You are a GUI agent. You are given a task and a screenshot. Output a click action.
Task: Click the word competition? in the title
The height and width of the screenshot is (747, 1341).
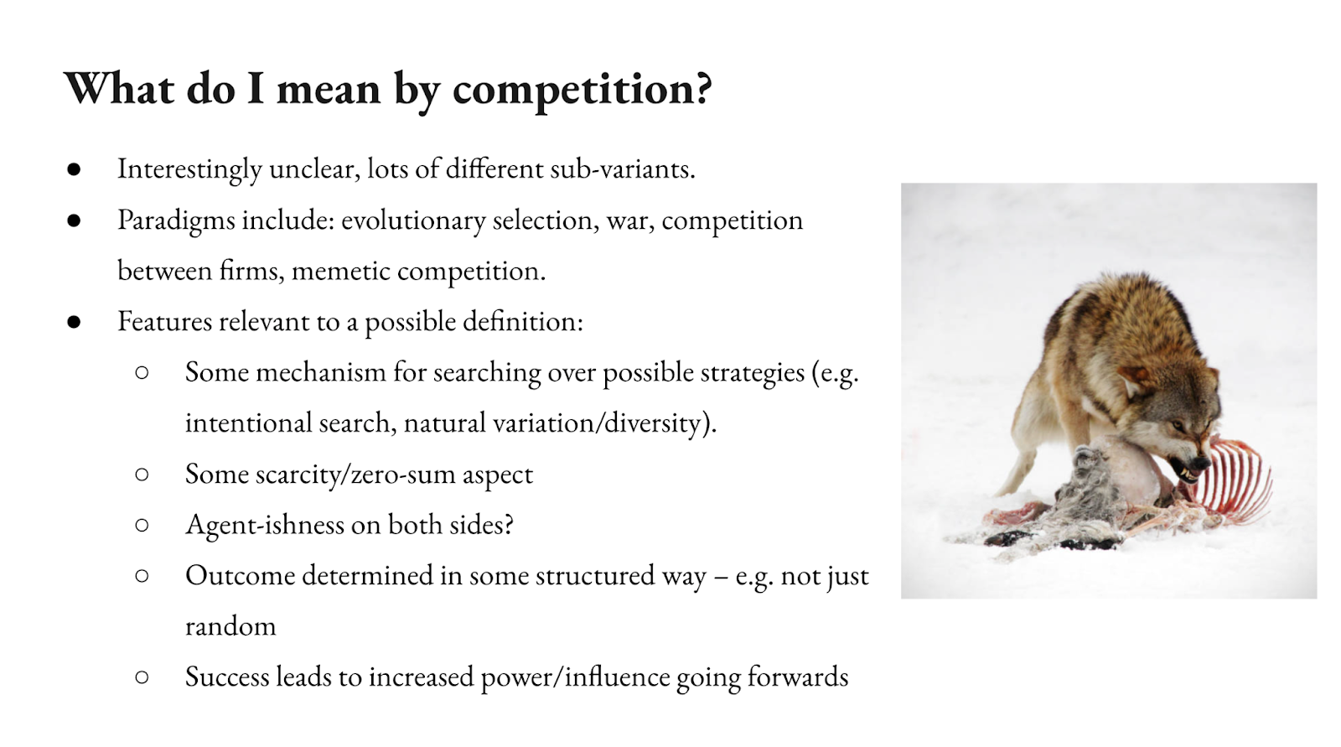pos(582,90)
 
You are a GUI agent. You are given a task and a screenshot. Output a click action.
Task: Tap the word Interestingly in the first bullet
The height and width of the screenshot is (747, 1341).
pos(189,169)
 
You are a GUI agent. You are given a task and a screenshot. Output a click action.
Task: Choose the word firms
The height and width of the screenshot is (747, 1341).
pos(251,271)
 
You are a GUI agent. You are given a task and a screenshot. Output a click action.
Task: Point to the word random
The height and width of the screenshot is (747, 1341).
pos(230,626)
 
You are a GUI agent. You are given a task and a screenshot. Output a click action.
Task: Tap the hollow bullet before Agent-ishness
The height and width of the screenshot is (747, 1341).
pos(142,526)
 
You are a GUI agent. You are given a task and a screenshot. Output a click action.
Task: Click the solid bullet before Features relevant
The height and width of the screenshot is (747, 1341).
pos(75,322)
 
